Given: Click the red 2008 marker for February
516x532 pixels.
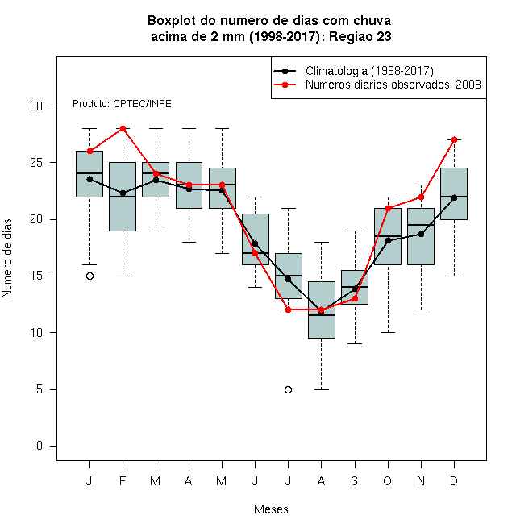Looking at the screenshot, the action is pyautogui.click(x=123, y=129).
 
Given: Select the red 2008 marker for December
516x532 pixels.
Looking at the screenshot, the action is pyautogui.click(x=454, y=139).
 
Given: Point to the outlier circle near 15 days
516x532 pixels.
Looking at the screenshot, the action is pyautogui.click(x=90, y=276).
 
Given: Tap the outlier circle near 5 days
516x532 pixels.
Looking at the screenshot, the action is pyautogui.click(x=288, y=389).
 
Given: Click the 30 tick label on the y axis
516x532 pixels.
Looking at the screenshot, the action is pyautogui.click(x=36, y=106).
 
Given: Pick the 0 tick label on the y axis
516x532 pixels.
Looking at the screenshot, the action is pyautogui.click(x=40, y=446).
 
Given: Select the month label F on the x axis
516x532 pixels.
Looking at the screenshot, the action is pyautogui.click(x=123, y=480).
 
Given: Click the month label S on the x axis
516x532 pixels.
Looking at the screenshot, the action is pyautogui.click(x=355, y=480).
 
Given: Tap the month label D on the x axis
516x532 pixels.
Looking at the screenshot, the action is pyautogui.click(x=454, y=480).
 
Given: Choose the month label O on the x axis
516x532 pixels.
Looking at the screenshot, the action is pyautogui.click(x=387, y=480).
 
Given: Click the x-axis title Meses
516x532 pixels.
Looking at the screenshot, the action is pyautogui.click(x=271, y=509).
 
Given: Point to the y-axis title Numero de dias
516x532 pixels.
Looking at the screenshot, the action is pyautogui.click(x=7, y=259).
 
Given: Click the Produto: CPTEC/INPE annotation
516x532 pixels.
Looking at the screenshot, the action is pyautogui.click(x=122, y=104).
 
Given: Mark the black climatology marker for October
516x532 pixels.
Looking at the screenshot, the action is pyautogui.click(x=388, y=240).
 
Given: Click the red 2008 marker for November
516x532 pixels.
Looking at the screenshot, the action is pyautogui.click(x=421, y=197).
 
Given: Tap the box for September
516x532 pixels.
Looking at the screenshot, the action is pyautogui.click(x=355, y=288).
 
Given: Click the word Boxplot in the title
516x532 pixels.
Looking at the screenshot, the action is pyautogui.click(x=172, y=21).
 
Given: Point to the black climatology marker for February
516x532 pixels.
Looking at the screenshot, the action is pyautogui.click(x=123, y=193).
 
